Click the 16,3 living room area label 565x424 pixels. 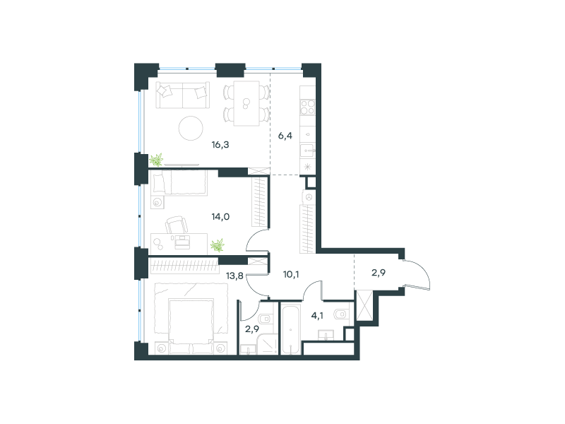click(220, 145)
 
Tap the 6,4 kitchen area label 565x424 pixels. click(285, 136)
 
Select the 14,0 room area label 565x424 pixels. click(220, 217)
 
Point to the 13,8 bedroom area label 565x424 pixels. click(234, 276)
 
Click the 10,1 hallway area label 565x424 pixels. click(291, 275)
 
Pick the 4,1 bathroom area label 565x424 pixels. click(317, 316)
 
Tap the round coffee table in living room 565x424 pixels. click(191, 128)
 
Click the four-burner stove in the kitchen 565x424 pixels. click(308, 107)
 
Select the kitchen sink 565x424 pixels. click(308, 151)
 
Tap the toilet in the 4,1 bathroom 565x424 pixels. click(341, 314)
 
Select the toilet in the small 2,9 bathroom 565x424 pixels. click(266, 318)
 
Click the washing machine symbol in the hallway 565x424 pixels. click(309, 197)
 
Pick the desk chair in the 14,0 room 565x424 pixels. click(177, 224)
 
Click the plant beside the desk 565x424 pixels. click(218, 245)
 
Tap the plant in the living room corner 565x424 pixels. click(156, 160)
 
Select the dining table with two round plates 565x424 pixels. click(246, 103)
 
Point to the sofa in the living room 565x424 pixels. click(183, 95)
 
